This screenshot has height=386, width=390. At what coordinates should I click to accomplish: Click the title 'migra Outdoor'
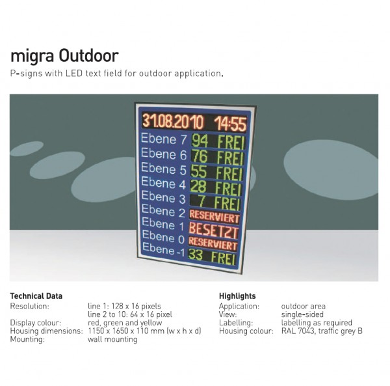click(x=64, y=56)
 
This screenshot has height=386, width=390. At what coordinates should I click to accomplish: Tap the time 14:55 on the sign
click(x=230, y=124)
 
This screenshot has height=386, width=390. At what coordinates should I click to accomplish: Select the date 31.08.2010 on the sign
click(x=173, y=122)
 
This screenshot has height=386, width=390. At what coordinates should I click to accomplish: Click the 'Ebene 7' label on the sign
click(x=164, y=139)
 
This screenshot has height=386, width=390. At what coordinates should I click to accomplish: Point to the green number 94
click(x=200, y=141)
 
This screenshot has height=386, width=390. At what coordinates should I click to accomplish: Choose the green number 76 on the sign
click(x=200, y=156)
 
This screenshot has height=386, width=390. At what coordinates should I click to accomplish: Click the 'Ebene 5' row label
click(x=163, y=169)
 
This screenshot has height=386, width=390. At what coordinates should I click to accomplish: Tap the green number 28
click(x=198, y=186)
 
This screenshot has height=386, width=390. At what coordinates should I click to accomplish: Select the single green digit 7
click(x=201, y=201)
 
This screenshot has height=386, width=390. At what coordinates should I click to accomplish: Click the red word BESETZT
click(x=214, y=230)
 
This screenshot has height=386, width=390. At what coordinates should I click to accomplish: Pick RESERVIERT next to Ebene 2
click(x=214, y=217)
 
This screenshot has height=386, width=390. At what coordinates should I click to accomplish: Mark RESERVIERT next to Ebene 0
click(x=213, y=243)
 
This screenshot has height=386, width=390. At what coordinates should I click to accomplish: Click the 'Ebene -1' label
click(x=164, y=249)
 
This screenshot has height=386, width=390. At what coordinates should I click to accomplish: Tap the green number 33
click(x=196, y=255)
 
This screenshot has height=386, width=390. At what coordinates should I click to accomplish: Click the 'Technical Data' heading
click(x=36, y=296)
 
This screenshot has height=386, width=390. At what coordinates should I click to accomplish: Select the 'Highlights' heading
click(x=237, y=296)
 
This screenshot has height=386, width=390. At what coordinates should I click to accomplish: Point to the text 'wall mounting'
click(x=112, y=339)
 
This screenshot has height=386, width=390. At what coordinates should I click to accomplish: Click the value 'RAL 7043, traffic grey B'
click(x=322, y=331)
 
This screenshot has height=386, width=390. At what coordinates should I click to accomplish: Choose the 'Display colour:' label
click(x=36, y=323)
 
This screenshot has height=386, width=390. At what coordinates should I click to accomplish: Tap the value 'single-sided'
click(x=302, y=314)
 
